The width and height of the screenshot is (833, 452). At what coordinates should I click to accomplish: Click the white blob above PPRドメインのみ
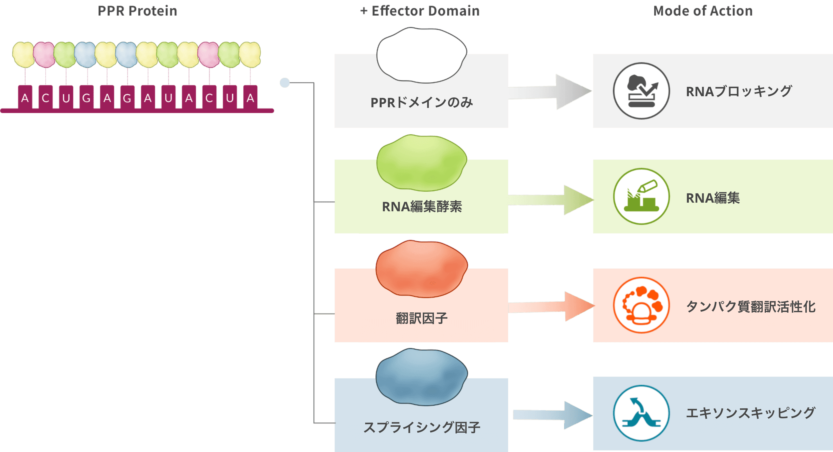(421, 55)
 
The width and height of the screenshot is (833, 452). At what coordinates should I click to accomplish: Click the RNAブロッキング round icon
(641, 91)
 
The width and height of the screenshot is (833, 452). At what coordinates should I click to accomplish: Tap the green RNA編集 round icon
(641, 196)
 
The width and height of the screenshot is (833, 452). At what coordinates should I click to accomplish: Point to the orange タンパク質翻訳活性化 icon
(641, 305)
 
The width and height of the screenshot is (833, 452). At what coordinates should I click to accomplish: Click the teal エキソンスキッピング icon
(641, 413)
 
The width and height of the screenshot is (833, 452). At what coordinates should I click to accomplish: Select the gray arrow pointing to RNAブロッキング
(550, 92)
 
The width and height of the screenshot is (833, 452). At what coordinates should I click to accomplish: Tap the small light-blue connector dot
(285, 83)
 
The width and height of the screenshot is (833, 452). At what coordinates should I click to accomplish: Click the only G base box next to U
(86, 97)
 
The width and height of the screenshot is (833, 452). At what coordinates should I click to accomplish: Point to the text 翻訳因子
(421, 318)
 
